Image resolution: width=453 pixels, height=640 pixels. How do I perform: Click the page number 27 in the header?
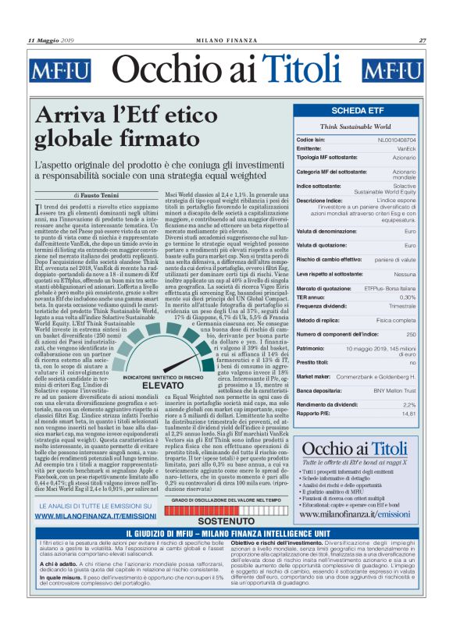pos(423,40)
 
